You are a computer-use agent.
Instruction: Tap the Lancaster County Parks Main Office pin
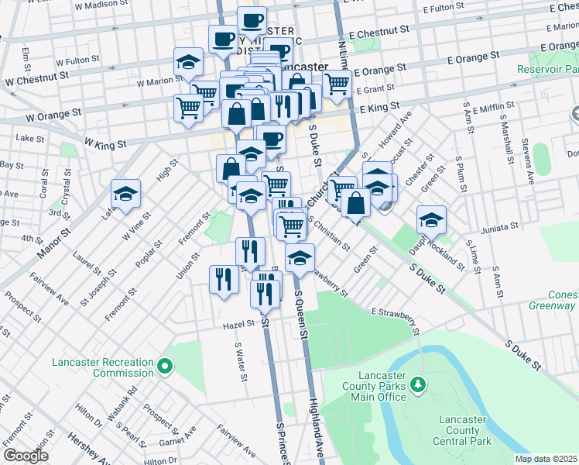pyautogui.click(x=417, y=384)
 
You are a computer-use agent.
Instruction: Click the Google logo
pyautogui.click(x=26, y=456)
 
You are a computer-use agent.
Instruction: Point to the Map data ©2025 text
pyautogui.click(x=546, y=459)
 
